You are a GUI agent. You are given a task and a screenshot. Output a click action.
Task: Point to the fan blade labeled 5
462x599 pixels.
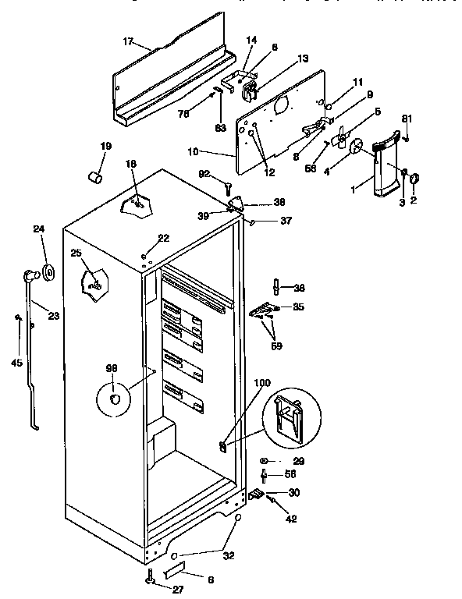[340, 140]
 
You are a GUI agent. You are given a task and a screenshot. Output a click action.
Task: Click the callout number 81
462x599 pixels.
[405, 119]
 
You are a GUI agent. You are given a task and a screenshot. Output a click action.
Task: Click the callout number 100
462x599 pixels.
[262, 384]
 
